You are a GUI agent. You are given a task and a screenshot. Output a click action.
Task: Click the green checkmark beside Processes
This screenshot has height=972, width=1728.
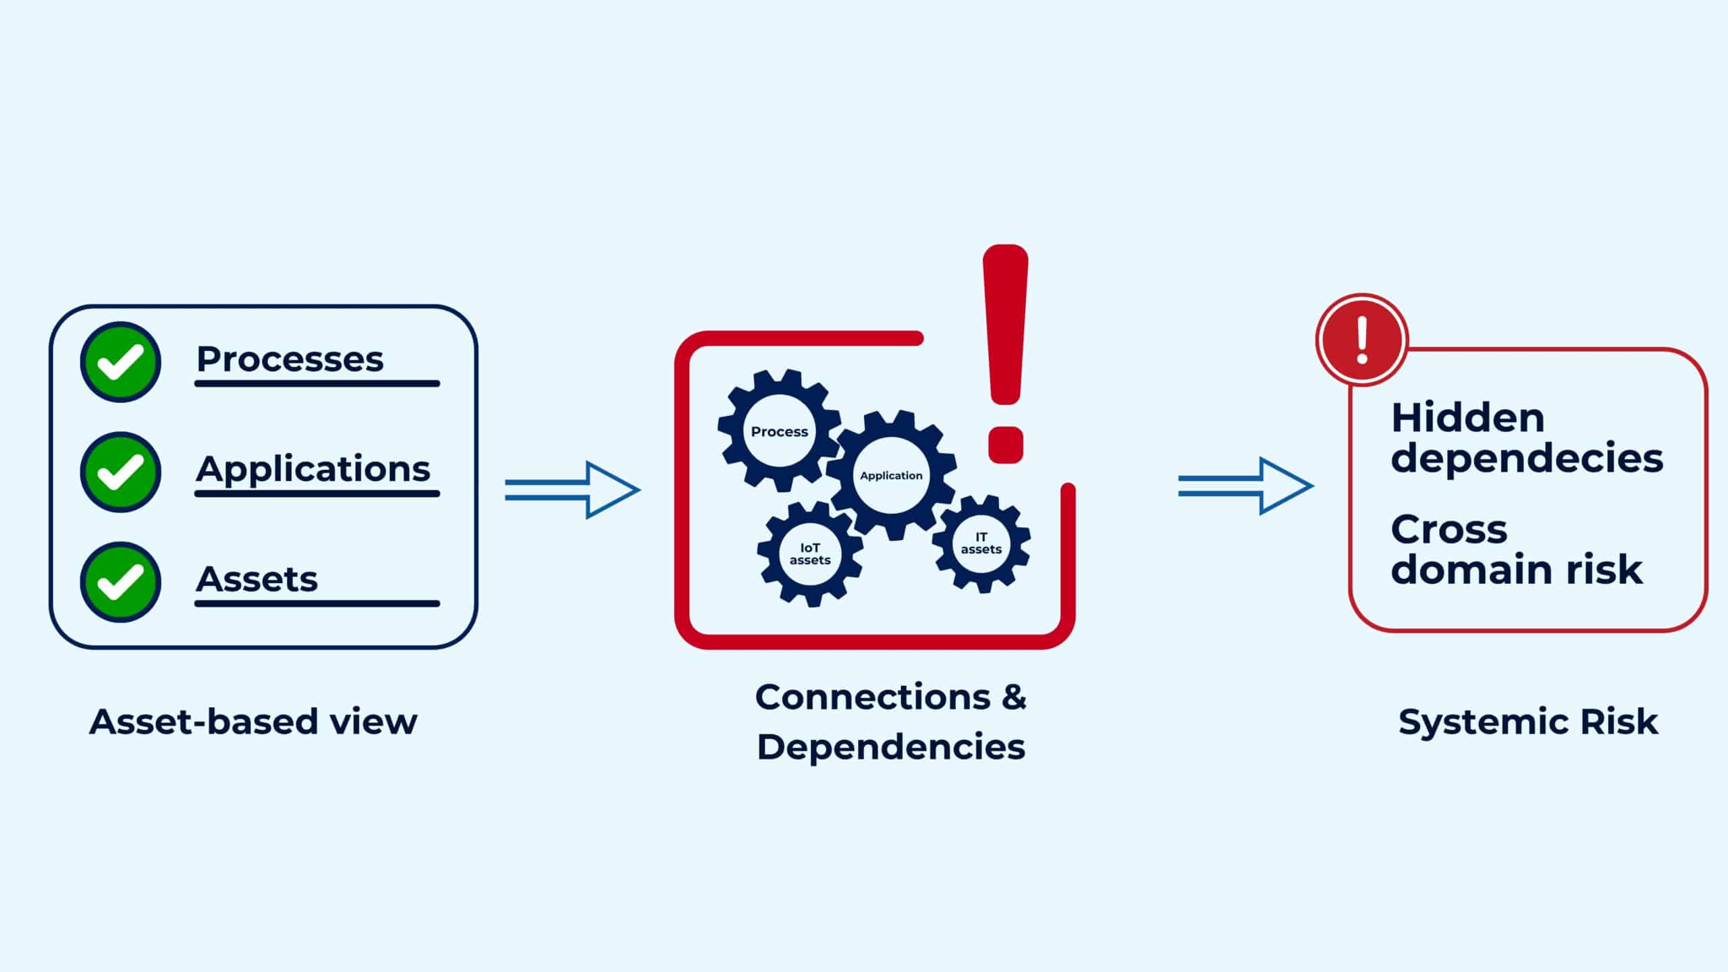pyautogui.click(x=121, y=362)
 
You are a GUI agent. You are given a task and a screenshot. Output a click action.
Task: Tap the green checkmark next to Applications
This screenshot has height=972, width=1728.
pyautogui.click(x=121, y=472)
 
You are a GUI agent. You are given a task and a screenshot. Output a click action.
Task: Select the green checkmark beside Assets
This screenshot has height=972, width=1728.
pyautogui.click(x=121, y=582)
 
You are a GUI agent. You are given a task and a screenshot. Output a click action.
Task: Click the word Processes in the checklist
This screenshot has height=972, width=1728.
pyautogui.click(x=290, y=359)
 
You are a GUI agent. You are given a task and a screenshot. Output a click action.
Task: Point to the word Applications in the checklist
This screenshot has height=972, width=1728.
pyautogui.click(x=313, y=469)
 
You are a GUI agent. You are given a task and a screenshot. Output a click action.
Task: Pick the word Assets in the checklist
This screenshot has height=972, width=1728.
pyautogui.click(x=256, y=579)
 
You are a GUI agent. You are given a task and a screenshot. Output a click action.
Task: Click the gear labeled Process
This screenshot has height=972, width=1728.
pyautogui.click(x=779, y=431)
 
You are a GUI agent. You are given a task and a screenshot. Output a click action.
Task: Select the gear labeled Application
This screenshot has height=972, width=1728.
pyautogui.click(x=891, y=475)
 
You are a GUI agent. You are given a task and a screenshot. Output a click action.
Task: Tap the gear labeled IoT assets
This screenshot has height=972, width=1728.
pyautogui.click(x=810, y=553)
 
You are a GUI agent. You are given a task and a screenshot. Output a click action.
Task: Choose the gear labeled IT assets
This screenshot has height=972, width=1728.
pyautogui.click(x=981, y=543)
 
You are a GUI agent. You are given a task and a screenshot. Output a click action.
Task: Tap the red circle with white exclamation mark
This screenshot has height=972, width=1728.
pyautogui.click(x=1362, y=340)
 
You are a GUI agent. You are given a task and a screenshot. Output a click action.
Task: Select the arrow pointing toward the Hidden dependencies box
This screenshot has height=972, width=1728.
pyautogui.click(x=1245, y=486)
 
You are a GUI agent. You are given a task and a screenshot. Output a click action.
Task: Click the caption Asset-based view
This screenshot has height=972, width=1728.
pyautogui.click(x=253, y=722)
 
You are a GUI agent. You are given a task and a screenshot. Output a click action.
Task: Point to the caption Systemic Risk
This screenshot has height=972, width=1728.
pyautogui.click(x=1528, y=722)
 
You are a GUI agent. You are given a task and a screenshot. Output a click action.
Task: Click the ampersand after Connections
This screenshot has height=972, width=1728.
pyautogui.click(x=1013, y=697)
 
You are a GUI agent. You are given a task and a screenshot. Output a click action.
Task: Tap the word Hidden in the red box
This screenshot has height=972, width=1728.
pyautogui.click(x=1467, y=418)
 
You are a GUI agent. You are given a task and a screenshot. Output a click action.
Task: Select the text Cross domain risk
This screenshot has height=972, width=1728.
pyautogui.click(x=1516, y=549)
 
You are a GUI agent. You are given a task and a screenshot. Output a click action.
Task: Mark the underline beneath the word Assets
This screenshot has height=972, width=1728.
pyautogui.click(x=317, y=603)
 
